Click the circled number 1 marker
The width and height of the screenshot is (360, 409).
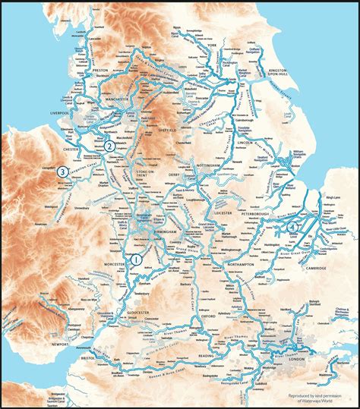point(137,260)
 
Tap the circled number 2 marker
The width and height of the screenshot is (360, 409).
point(109,146)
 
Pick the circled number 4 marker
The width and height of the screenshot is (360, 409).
point(292,226)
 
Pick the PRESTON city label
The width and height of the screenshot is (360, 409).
point(101,69)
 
